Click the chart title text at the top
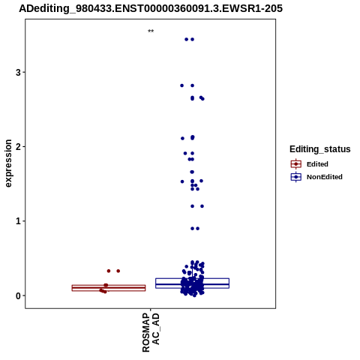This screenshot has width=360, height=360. (151, 8)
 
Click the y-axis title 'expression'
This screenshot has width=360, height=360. (8, 163)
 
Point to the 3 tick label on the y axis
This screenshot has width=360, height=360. (18, 73)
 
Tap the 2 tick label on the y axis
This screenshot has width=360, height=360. (18, 147)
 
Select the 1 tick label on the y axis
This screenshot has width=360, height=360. (18, 221)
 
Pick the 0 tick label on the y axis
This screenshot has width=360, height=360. (18, 295)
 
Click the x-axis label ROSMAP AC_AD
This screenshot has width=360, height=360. (151, 332)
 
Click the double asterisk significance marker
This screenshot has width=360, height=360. (151, 31)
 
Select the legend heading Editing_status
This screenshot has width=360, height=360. (320, 149)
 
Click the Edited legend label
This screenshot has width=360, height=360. (317, 164)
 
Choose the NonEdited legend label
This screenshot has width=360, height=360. (325, 177)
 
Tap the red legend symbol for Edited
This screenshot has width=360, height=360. (296, 164)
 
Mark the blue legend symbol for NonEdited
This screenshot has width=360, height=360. (296, 177)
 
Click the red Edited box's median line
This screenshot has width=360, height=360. (109, 288)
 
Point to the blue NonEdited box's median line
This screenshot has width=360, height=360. (192, 284)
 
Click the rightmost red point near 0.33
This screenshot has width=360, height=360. (118, 271)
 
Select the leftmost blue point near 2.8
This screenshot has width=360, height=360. (182, 85)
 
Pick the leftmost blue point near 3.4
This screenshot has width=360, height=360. (186, 39)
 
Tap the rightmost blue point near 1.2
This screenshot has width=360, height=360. (202, 206)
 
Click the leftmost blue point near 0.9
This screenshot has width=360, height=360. (192, 229)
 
